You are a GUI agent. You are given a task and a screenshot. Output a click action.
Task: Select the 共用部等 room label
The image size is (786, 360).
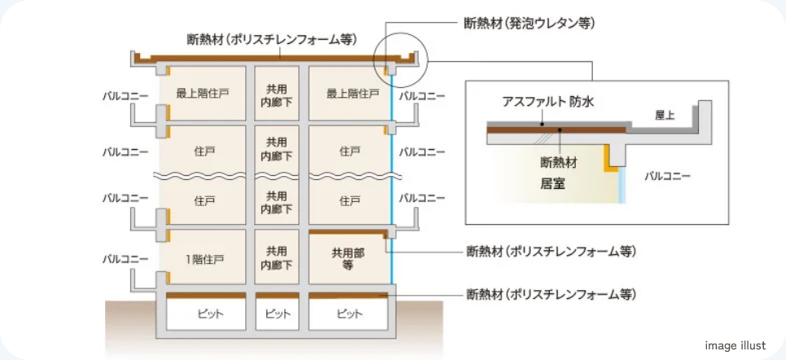click(348, 259)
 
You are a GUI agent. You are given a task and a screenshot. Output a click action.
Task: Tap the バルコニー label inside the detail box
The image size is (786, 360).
click(667, 176)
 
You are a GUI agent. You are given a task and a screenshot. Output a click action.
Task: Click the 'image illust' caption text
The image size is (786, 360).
click(736, 345)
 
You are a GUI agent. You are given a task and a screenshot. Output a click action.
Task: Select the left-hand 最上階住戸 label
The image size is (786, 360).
click(199, 94)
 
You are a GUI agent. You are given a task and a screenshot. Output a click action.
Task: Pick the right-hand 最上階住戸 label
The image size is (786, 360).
click(353, 94)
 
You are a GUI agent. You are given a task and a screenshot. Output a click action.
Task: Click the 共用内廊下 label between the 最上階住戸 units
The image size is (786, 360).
click(277, 93)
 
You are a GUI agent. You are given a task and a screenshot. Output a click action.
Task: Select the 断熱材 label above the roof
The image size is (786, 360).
click(272, 39)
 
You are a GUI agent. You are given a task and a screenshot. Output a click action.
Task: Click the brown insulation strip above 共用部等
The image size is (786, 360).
click(349, 232)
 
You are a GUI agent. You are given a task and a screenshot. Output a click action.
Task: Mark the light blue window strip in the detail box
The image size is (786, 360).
click(622, 185)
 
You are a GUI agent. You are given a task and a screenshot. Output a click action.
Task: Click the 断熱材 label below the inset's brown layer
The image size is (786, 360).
click(559, 162)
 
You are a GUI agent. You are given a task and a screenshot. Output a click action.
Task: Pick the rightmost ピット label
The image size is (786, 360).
click(349, 314)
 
